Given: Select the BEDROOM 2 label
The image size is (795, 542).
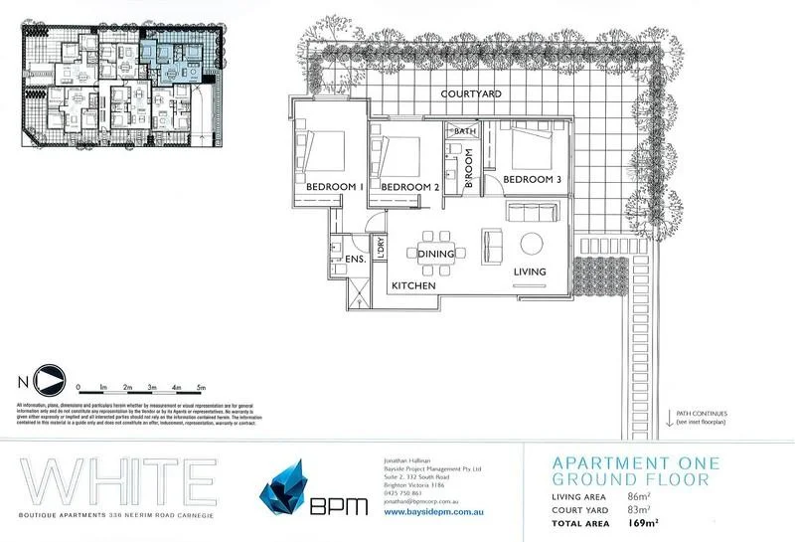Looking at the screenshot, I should (x=408, y=187).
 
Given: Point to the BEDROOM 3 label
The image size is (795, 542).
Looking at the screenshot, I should (x=533, y=179).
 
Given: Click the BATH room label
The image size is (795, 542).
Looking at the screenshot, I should (x=465, y=131).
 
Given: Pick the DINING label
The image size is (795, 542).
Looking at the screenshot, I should (x=436, y=255).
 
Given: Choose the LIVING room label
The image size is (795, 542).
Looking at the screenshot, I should (x=531, y=271).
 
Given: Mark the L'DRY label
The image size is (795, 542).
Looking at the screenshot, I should (x=379, y=249).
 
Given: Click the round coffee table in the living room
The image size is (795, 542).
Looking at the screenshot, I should (x=531, y=244).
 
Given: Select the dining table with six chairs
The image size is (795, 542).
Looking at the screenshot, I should (x=437, y=241).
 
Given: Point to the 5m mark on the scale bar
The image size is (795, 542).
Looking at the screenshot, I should (x=200, y=386).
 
